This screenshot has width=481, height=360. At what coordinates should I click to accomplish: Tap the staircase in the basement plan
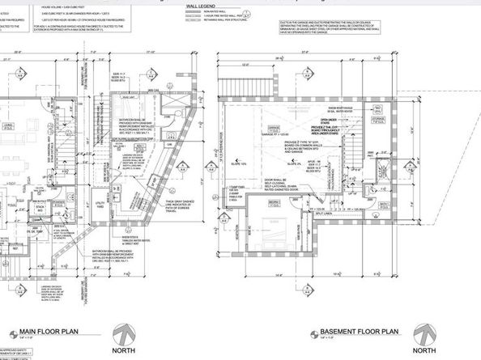363,170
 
